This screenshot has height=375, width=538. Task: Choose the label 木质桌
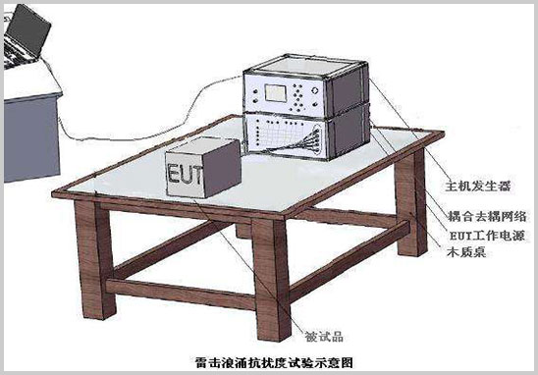459,251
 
